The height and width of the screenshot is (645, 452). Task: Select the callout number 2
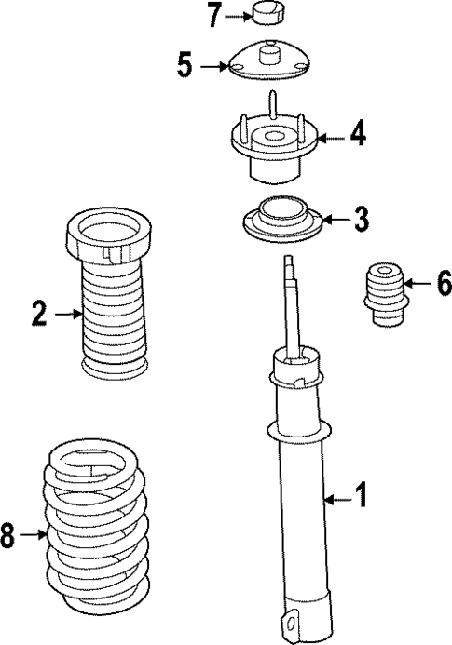point(38,315)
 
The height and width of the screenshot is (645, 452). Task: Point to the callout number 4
point(357,136)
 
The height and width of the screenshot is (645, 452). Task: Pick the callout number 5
point(185,65)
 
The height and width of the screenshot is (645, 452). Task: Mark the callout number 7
point(214,15)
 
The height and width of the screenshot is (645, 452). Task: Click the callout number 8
point(8,534)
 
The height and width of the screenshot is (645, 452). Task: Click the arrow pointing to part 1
point(337,500)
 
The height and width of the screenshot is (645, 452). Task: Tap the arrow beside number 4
point(331,137)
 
